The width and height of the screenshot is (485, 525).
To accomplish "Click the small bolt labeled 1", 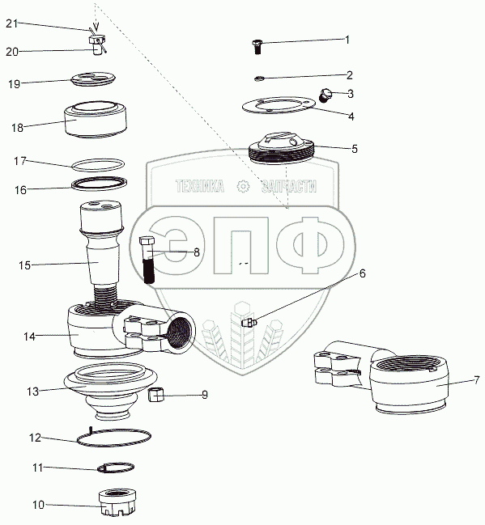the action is [x=257, y=47].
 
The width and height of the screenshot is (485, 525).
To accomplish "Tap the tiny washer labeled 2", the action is [x=259, y=78].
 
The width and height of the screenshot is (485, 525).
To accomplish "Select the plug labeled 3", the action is [x=324, y=95].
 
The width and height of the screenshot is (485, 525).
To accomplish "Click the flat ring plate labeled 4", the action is [x=279, y=105].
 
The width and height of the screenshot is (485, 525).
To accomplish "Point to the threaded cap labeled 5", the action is [x=282, y=148].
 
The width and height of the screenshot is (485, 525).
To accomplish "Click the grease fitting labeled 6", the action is [x=249, y=323].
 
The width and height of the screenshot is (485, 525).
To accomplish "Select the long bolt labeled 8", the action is [x=147, y=260].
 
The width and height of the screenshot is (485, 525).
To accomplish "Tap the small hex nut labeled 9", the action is [x=155, y=394].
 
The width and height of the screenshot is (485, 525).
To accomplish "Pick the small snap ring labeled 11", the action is [x=116, y=468].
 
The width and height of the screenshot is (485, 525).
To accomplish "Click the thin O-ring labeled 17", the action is [x=99, y=165].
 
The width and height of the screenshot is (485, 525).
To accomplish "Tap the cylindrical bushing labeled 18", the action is [x=96, y=120].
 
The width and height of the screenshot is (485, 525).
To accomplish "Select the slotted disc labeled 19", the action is [x=93, y=79].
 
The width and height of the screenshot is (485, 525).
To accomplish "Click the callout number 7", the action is [x=477, y=380].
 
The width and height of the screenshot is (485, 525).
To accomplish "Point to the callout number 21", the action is [x=11, y=23].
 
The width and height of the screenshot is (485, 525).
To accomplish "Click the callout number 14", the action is [x=29, y=337].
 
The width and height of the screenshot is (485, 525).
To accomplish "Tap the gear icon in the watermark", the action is [x=243, y=187].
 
